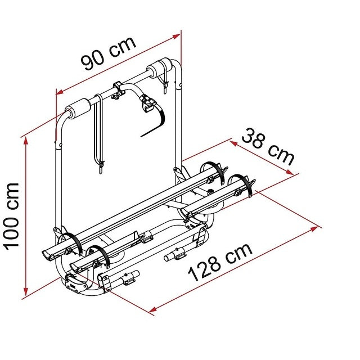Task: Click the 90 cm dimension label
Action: tap(109, 53)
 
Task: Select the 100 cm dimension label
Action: tap(11, 216)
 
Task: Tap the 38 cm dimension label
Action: tap(268, 147)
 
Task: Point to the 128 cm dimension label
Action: tap(220, 262)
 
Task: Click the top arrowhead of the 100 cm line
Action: tap(26, 141)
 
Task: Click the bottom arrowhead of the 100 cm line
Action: tap(26, 292)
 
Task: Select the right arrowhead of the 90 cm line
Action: tap(177, 36)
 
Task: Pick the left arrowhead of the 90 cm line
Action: tap(60, 92)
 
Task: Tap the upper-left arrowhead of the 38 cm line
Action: tap(233, 143)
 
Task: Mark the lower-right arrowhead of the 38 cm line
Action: tap(289, 172)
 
